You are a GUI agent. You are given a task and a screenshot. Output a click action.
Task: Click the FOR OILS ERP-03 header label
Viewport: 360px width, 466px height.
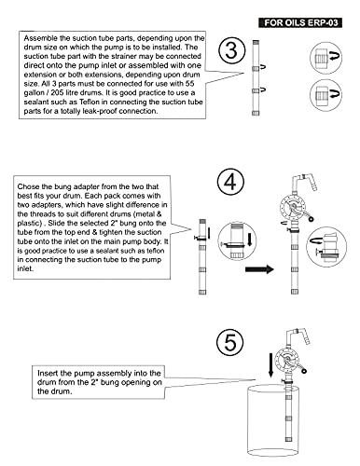(300, 22)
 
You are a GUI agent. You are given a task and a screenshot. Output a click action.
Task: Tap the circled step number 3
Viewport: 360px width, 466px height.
(231, 50)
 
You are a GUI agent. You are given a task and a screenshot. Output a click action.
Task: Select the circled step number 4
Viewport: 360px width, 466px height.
(230, 182)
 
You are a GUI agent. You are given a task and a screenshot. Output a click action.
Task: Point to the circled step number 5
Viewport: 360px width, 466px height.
(230, 342)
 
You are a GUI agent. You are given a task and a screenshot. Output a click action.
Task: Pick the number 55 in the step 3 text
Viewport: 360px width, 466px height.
(189, 84)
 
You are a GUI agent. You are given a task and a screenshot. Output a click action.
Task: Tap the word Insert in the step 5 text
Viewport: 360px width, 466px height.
(48, 373)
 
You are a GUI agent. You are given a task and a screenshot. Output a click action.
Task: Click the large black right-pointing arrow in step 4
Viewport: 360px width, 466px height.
(259, 268)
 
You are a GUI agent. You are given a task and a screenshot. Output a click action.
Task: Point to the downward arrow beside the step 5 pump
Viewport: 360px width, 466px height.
(271, 364)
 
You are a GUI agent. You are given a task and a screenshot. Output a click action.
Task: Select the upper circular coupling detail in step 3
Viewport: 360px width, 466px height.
(325, 58)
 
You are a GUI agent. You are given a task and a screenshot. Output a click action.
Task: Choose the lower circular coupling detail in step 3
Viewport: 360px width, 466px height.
(325, 95)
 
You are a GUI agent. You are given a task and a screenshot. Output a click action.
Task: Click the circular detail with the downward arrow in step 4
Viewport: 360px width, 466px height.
(237, 241)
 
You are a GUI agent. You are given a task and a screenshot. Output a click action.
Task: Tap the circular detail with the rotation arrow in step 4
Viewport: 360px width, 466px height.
(326, 247)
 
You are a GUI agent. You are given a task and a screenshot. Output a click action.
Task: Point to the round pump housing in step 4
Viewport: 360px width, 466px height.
(291, 207)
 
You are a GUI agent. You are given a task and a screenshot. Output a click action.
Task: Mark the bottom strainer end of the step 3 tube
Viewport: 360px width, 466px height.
(256, 113)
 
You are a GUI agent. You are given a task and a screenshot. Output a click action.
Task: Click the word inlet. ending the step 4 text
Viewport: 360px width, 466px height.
(25, 268)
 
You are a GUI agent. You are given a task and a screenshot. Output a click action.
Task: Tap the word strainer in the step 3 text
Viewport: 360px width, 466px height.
(124, 57)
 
